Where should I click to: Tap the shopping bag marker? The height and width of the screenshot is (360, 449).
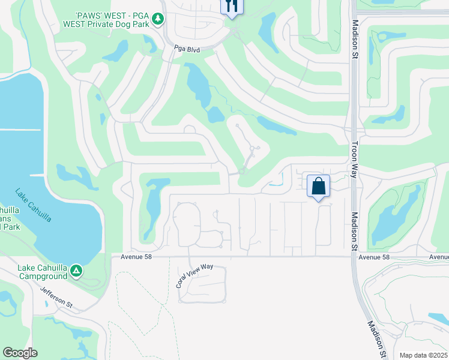click(x=318, y=186)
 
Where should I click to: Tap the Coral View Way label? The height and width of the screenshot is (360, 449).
click(x=195, y=276)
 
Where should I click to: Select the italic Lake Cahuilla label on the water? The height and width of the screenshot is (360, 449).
click(x=33, y=206)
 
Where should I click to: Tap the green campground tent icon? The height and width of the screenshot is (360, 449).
click(x=76, y=271)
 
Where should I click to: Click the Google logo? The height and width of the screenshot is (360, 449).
click(x=20, y=353)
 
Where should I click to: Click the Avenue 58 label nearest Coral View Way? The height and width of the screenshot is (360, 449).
click(x=137, y=257)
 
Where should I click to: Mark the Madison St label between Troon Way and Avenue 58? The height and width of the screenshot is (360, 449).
click(x=354, y=231)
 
